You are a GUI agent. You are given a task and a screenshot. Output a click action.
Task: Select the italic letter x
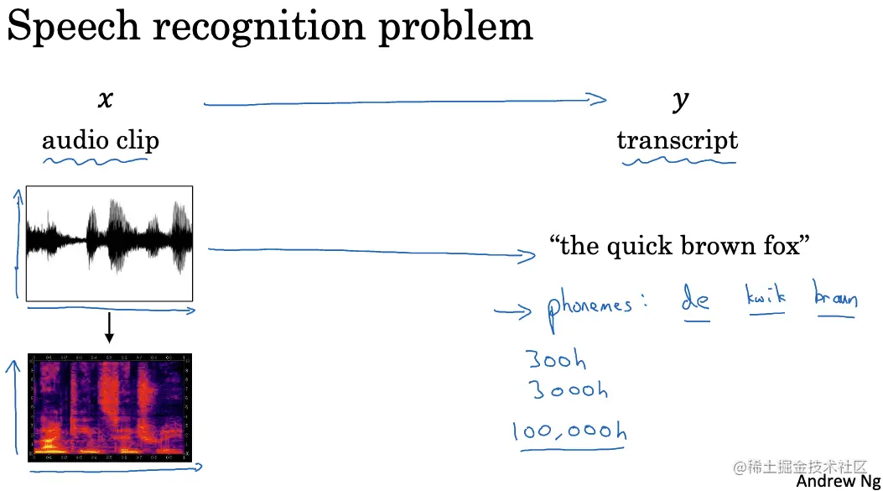tap(105, 99)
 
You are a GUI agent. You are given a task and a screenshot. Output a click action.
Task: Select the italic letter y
tap(680, 100)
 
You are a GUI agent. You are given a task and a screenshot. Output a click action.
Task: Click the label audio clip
tap(101, 139)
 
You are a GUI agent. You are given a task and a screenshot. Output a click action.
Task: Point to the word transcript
tap(678, 139)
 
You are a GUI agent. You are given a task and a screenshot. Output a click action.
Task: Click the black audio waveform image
tap(110, 243)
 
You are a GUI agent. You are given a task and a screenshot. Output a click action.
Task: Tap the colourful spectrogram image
tap(110, 407)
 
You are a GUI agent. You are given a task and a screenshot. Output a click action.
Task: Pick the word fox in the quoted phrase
tap(780, 246)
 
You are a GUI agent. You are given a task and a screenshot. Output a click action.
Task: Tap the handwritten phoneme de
tap(696, 300)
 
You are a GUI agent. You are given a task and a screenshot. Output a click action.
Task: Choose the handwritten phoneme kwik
tap(765, 297)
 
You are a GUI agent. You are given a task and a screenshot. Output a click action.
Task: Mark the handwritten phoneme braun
tap(835, 297)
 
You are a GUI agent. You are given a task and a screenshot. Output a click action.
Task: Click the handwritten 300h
tap(557, 361)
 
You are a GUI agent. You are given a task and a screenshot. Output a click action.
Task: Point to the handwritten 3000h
tap(569, 390)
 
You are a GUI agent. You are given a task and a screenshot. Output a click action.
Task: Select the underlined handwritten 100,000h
tap(570, 431)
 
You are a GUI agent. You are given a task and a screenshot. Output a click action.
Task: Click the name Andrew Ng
tap(837, 481)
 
